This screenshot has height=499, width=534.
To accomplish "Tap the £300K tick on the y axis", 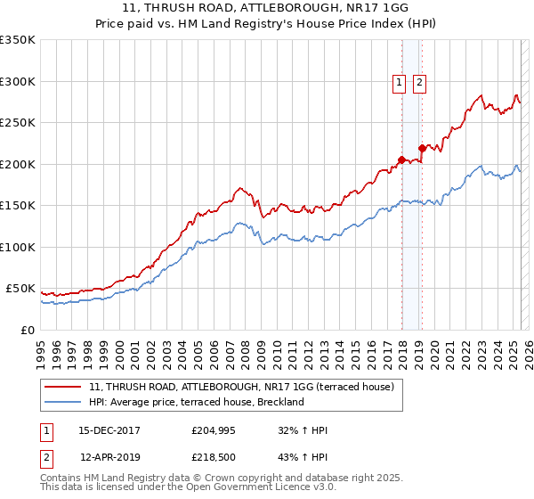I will coord(17,81).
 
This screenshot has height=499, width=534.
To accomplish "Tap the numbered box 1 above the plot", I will coord(398,83).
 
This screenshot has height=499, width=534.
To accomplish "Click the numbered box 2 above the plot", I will coord(419,83).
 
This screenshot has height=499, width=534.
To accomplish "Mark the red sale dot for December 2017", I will coord(401,160).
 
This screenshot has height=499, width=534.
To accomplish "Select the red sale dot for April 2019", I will coord(422,149).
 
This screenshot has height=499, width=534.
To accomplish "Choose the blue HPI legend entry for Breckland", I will coord(197,402).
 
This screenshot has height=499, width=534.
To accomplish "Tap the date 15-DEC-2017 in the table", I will coord(109,431).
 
